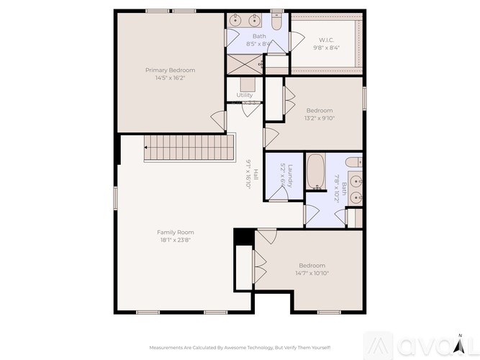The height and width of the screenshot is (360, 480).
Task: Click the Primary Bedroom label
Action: click(170, 70)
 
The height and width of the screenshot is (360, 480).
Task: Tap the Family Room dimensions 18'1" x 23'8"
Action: click(176, 241)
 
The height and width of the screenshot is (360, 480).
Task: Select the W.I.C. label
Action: click(326, 39)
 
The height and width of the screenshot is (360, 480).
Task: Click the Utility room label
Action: click(245, 95)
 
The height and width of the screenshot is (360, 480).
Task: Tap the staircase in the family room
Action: click(189, 148)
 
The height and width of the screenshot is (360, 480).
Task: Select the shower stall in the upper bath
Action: click(245, 63)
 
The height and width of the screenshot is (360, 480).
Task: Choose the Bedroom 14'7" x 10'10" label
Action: click(312, 265)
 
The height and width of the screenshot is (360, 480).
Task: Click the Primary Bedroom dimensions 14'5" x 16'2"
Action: click(170, 78)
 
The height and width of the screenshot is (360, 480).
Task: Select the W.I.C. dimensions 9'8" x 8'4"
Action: click(326, 48)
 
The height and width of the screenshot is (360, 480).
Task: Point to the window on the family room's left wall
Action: click(115, 198)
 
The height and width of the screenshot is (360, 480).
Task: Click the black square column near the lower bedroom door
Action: click(244, 236)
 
